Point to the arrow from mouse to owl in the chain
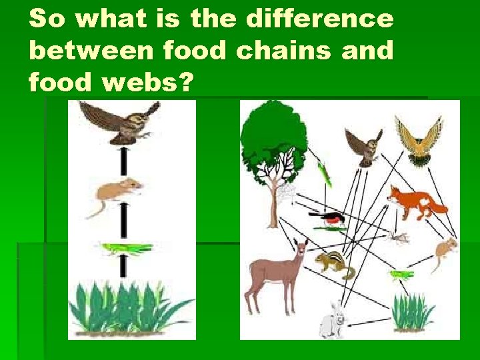point(123,162)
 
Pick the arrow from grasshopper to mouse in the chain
point(123,221)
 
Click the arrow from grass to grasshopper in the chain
point(123,266)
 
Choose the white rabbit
point(333,321)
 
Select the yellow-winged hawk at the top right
point(418,138)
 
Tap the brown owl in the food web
point(363,147)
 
